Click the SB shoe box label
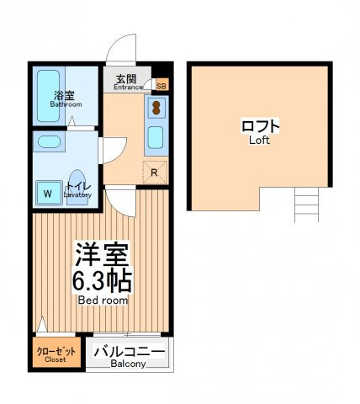(161, 86)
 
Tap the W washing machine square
(49, 193)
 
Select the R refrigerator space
(155, 172)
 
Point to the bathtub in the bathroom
(48, 96)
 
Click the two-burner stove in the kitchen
(156, 108)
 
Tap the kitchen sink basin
(156, 137)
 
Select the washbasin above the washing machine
(49, 142)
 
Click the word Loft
(259, 141)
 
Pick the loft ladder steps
(306, 205)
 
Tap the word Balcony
(128, 364)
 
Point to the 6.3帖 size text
(102, 281)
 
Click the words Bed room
(103, 300)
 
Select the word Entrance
(128, 87)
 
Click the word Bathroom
(66, 104)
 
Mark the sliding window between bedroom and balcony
(127, 334)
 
